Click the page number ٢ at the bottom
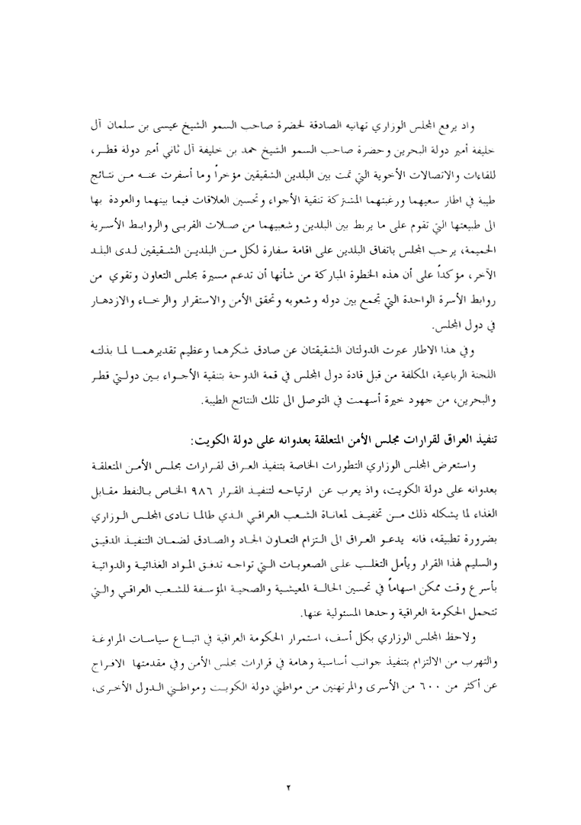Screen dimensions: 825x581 coord(290,764)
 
